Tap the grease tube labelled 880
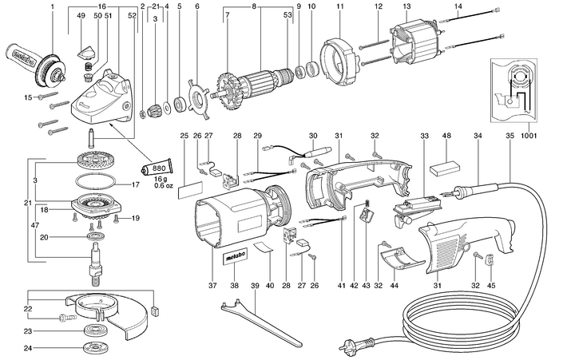[x=156, y=168]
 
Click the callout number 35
[x=509, y=135]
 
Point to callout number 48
[x=444, y=135]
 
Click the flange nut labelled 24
[x=96, y=347]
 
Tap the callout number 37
[x=212, y=283]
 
